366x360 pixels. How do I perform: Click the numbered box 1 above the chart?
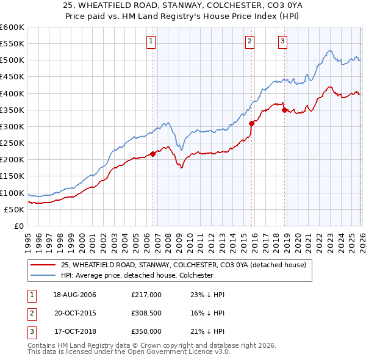tap(151, 41)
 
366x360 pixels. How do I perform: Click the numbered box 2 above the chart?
tap(250, 41)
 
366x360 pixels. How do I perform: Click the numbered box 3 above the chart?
tap(283, 41)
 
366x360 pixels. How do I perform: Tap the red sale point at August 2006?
tap(152, 154)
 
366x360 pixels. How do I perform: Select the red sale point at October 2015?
tap(251, 123)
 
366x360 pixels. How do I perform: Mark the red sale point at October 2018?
tap(284, 110)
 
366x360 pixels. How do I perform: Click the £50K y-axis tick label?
tap(15, 209)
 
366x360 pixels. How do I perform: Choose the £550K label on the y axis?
tap(12, 43)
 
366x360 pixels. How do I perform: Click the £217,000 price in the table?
tap(146, 295)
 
